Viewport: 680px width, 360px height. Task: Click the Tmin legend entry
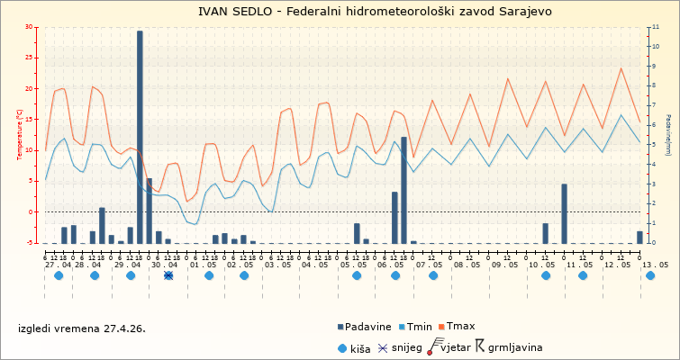[419, 327]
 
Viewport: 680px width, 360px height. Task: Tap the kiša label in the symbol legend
[360, 347]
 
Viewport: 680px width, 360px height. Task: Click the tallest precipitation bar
[140, 135]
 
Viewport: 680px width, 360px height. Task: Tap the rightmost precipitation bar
[639, 237]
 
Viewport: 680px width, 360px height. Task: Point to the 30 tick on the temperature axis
[29, 28]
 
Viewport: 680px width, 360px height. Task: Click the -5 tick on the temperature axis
[30, 243]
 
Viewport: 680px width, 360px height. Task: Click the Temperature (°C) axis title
[19, 135]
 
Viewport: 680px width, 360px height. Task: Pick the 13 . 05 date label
[655, 265]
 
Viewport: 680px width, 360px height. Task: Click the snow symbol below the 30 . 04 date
[168, 275]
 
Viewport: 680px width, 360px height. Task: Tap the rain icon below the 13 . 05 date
[650, 275]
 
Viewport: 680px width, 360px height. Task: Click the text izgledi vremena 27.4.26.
[81, 328]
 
